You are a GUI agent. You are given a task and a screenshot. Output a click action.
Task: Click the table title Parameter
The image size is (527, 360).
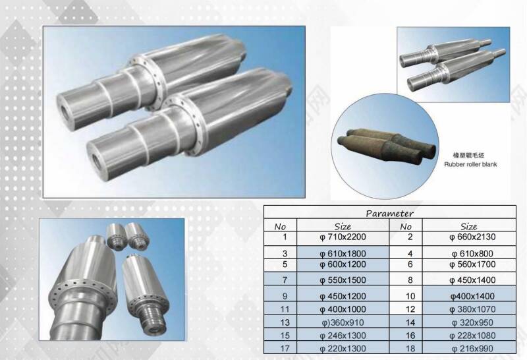(389, 214)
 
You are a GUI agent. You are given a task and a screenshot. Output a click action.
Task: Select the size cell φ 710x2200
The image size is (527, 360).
(343, 237)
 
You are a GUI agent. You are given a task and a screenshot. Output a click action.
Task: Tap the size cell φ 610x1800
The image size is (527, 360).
(343, 253)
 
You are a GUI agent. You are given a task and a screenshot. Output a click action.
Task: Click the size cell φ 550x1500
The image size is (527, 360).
(343, 280)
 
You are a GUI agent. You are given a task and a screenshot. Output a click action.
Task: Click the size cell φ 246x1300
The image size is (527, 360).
(343, 336)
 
